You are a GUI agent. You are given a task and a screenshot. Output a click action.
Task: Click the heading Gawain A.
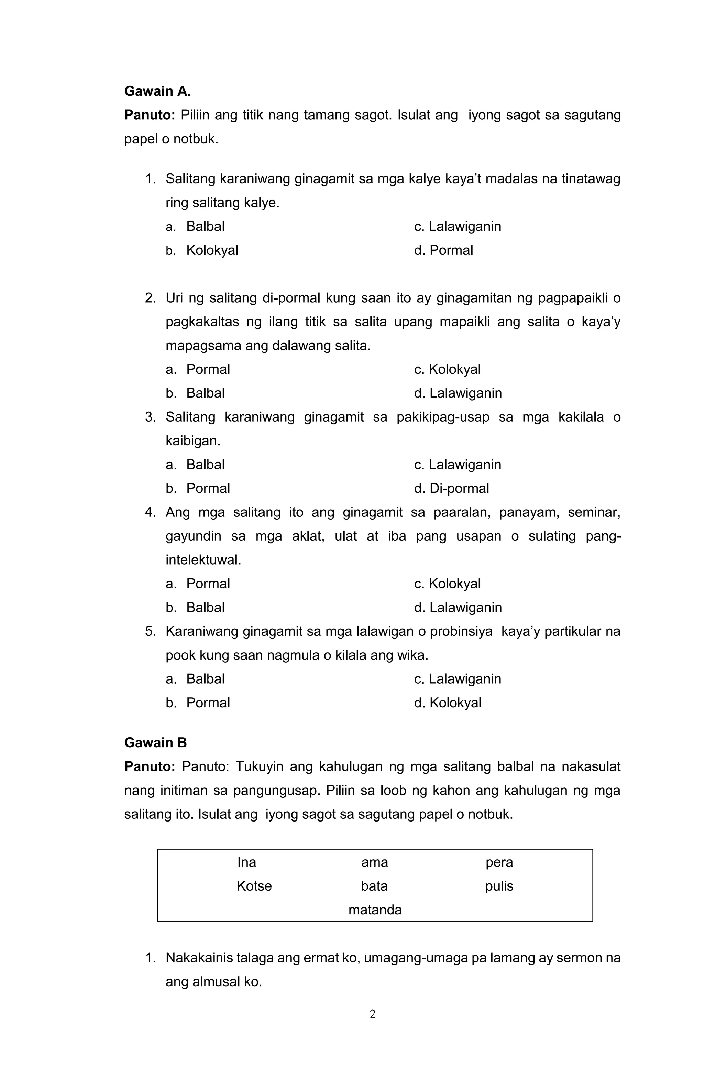click(157, 91)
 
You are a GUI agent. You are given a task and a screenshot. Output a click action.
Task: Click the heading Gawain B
click(155, 743)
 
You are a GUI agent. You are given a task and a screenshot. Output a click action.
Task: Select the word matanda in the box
click(375, 910)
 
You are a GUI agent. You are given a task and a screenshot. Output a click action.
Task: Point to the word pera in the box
click(499, 862)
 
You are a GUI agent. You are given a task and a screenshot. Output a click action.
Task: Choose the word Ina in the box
click(246, 862)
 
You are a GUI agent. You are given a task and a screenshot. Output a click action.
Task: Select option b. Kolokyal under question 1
click(202, 250)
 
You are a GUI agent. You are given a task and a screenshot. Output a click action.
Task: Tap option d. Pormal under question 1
click(443, 250)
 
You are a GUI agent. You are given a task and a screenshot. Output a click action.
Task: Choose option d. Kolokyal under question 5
click(448, 703)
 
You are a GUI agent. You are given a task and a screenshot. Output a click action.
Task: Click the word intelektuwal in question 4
click(203, 560)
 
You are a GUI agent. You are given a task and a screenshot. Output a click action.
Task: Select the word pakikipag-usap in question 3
click(443, 417)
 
